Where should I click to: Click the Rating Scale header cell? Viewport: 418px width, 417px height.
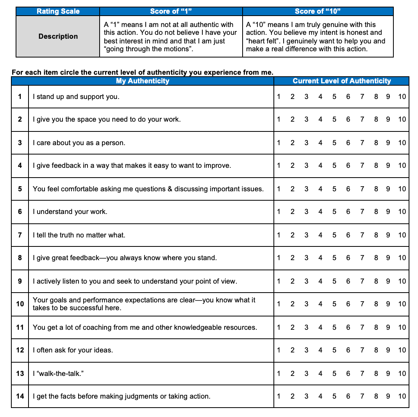(58, 11)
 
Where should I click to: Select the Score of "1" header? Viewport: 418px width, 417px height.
(171, 11)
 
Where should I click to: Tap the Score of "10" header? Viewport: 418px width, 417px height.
(318, 11)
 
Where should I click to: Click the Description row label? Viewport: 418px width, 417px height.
(58, 36)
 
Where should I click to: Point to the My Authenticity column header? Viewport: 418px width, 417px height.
(143, 81)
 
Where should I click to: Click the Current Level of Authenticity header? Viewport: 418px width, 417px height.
(341, 81)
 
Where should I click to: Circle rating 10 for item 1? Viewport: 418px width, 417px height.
(402, 97)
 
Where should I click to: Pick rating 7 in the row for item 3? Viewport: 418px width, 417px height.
(362, 143)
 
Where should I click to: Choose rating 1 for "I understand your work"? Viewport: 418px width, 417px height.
(279, 212)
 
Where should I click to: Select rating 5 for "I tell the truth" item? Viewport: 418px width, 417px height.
(334, 235)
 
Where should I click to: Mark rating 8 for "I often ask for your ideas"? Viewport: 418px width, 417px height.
(376, 350)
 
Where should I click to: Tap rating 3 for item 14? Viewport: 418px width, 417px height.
(306, 396)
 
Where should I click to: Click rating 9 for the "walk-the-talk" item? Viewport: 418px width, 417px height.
(388, 373)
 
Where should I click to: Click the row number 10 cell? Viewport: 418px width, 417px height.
(20, 304)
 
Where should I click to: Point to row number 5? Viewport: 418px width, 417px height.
(20, 189)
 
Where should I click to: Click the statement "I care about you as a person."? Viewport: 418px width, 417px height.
(79, 143)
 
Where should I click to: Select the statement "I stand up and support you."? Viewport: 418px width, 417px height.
(76, 97)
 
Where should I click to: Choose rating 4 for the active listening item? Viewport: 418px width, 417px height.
(320, 281)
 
